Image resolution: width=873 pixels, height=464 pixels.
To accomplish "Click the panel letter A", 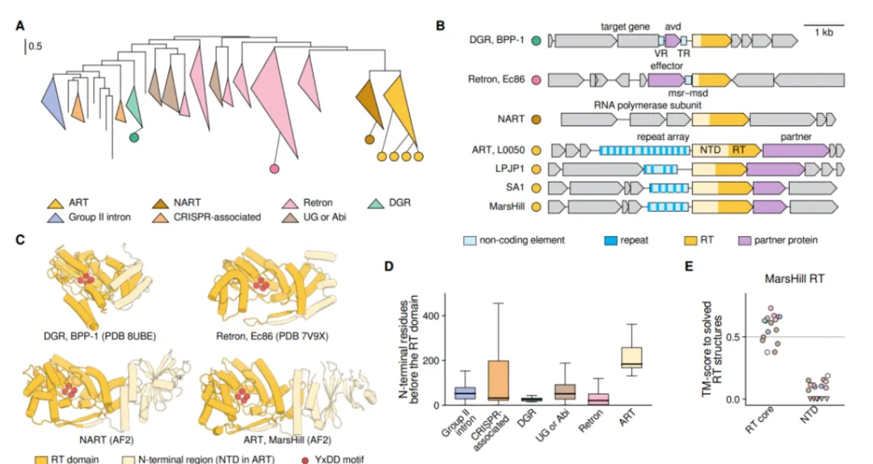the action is click(20, 26).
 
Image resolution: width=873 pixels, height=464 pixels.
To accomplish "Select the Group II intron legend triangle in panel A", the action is click(55, 217).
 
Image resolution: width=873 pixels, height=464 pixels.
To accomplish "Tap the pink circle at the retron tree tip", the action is click(274, 168).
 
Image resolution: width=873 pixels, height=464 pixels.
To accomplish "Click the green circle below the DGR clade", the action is click(133, 137).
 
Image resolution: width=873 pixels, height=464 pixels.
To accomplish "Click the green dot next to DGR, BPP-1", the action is click(536, 40).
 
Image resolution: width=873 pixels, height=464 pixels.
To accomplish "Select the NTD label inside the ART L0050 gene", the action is click(710, 150).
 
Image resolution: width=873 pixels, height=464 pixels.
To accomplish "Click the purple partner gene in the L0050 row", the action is click(795, 150).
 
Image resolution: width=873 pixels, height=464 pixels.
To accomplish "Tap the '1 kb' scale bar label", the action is click(824, 33).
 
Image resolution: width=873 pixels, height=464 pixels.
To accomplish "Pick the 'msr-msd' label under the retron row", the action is click(688, 93).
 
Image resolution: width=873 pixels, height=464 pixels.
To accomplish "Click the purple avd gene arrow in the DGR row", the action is click(673, 40).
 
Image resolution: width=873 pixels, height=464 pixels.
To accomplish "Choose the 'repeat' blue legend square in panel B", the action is click(611, 241).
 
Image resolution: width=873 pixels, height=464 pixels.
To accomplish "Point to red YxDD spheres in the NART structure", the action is click(70, 390).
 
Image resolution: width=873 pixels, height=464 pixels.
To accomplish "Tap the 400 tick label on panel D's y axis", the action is click(432, 316).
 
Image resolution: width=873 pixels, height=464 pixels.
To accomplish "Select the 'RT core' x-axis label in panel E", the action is click(760, 421).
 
